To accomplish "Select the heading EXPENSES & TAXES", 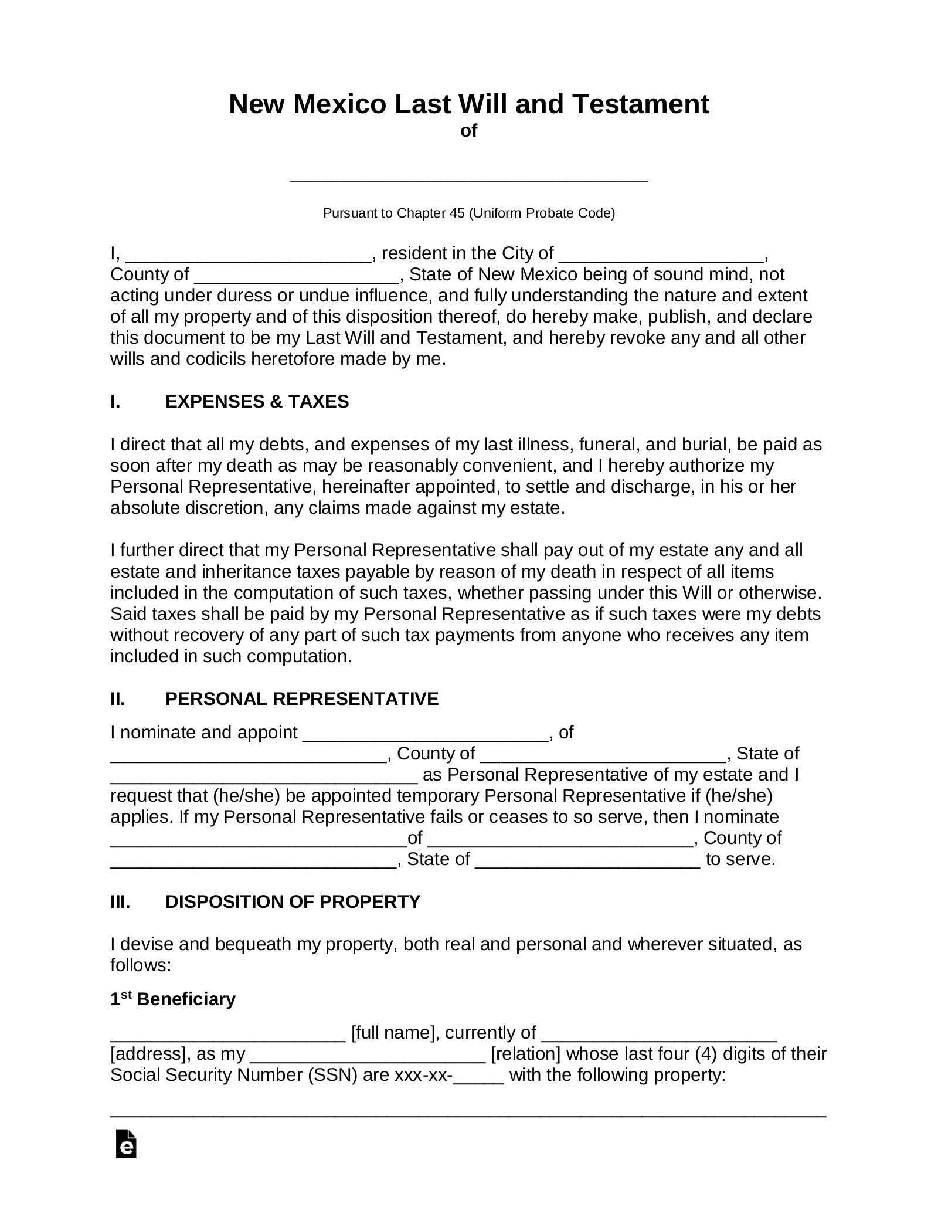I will pos(257,402).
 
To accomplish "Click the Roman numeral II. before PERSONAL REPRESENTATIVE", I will pos(118,699).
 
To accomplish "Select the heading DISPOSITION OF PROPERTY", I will pos(293,902).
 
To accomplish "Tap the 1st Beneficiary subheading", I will pos(173,999).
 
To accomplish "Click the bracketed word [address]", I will pos(145,1054).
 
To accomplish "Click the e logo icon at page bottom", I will pos(126,1144).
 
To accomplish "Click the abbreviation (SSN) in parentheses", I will pos(332,1075).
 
